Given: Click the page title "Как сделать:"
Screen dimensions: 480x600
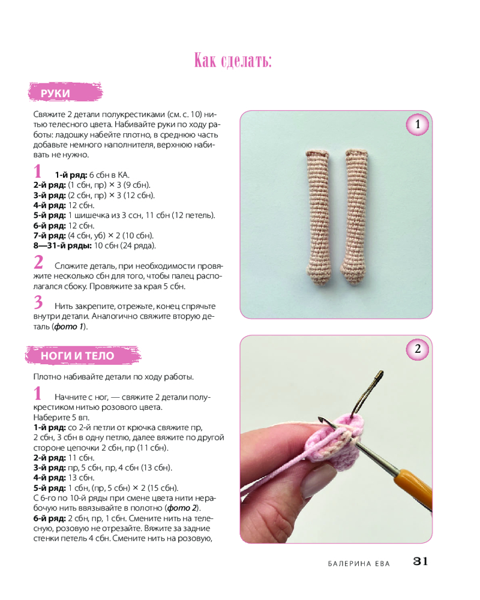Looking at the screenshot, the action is click(x=233, y=61).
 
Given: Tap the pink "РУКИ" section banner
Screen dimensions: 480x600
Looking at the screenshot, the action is click(x=65, y=92).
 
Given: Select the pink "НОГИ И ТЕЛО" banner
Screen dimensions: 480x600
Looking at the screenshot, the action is click(x=83, y=355).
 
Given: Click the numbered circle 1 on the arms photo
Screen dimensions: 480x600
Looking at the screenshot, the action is click(x=417, y=124).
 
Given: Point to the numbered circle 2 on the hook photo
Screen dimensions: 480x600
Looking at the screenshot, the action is click(x=417, y=349).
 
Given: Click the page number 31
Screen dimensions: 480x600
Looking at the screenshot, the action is click(x=420, y=562).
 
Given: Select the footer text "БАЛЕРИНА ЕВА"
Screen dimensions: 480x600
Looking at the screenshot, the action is click(x=359, y=563).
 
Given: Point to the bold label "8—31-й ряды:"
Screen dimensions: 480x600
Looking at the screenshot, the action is click(x=62, y=245).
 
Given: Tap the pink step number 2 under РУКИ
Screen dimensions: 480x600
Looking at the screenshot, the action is click(x=38, y=263).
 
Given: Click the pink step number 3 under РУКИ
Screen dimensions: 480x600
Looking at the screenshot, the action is click(x=38, y=302).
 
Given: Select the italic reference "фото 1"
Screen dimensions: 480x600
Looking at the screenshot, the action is click(x=68, y=327).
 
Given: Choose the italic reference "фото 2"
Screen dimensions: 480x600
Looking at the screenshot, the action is click(x=182, y=508).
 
